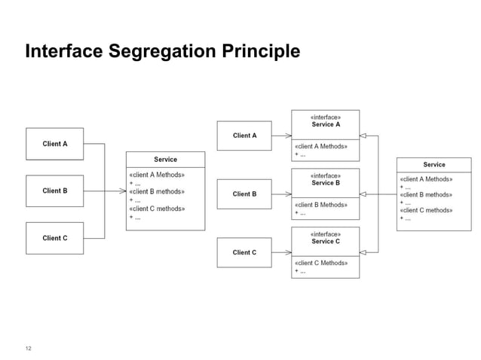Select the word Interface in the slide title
coord(62,52)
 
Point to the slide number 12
coord(29,348)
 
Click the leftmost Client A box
coord(54,144)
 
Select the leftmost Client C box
coord(54,238)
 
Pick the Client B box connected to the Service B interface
coord(244,194)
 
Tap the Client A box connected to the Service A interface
coord(244,136)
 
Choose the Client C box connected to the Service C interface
coord(244,253)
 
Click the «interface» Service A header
coord(326,121)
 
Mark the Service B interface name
coord(326,183)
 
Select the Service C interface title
coord(326,241)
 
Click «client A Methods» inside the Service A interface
coord(320,146)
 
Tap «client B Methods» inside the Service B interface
coord(320,205)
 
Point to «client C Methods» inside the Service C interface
coord(320,263)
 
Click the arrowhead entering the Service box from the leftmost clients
coord(123,191)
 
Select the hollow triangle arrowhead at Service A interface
coord(363,136)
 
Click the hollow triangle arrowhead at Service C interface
coord(363,253)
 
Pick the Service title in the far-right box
coord(434,164)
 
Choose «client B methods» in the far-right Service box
coord(425,194)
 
